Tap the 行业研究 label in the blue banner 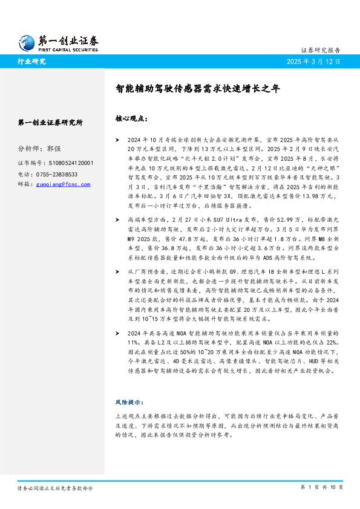(32, 62)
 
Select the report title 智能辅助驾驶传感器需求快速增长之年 (198, 88)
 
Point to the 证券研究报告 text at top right (321, 50)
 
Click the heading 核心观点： (130, 119)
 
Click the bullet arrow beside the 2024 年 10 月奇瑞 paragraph (117, 138)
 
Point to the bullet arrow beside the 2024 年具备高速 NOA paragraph (117, 332)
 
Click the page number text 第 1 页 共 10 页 (322, 487)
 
